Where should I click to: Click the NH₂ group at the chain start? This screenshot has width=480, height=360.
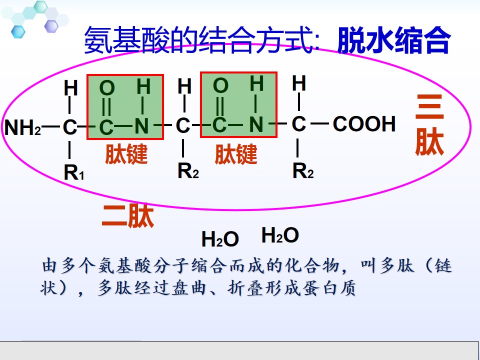click(x=22, y=127)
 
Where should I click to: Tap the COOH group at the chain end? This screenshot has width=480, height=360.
click(x=364, y=124)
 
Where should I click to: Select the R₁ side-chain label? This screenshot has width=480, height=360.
click(x=74, y=172)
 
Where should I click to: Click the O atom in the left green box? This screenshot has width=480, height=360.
click(x=107, y=88)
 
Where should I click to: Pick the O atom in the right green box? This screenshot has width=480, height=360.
click(x=220, y=85)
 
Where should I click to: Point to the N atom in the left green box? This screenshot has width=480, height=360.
click(x=141, y=126)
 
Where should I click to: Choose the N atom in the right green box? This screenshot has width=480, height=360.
click(x=256, y=124)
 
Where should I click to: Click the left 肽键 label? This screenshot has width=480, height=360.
click(x=126, y=153)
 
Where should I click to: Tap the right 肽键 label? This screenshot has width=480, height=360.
click(x=235, y=154)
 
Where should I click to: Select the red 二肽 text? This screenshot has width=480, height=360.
click(x=128, y=216)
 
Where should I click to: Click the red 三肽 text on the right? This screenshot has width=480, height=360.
click(x=429, y=124)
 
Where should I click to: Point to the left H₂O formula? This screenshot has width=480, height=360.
click(x=220, y=239)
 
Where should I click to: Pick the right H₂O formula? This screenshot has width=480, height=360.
click(x=280, y=235)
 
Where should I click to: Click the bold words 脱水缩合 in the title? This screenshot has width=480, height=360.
click(x=394, y=40)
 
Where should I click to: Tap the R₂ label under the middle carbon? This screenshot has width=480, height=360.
click(x=188, y=171)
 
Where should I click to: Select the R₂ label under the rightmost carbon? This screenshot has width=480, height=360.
click(x=303, y=171)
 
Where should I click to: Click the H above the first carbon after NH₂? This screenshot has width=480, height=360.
click(x=70, y=88)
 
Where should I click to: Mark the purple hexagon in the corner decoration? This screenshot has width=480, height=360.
click(x=51, y=26)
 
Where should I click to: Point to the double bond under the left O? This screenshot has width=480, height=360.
click(x=106, y=106)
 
